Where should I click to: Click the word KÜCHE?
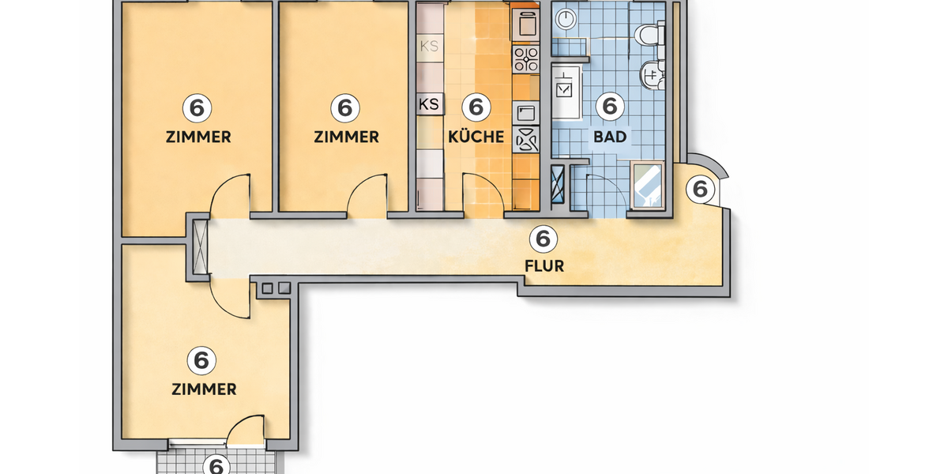476,137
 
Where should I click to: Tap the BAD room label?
610,137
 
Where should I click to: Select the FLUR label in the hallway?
544,266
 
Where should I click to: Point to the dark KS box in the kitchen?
429,103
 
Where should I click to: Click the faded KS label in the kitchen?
429,47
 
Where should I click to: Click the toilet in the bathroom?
650,36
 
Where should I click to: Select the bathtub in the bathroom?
648,185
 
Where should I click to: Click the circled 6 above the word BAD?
609,105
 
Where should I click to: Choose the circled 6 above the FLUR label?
543,236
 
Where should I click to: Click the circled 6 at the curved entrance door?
699,189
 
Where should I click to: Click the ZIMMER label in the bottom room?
204,389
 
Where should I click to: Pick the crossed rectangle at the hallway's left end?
200,245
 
